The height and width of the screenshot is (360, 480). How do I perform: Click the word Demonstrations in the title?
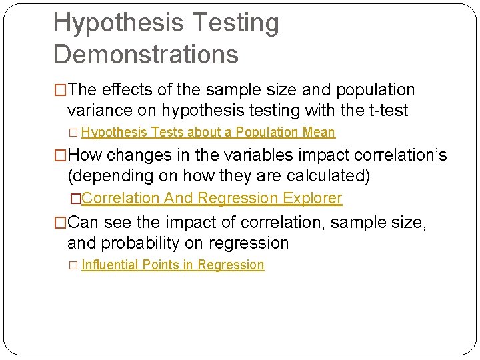pyautogui.click(x=145, y=55)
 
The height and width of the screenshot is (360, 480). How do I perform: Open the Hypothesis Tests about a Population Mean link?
pyautogui.click(x=208, y=133)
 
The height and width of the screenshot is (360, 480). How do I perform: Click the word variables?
pyautogui.click(x=254, y=156)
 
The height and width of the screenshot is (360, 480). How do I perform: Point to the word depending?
pyautogui.click(x=109, y=177)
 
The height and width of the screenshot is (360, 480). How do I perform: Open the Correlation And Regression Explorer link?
pyautogui.click(x=211, y=199)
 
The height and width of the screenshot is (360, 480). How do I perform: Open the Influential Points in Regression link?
pyautogui.click(x=173, y=265)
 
